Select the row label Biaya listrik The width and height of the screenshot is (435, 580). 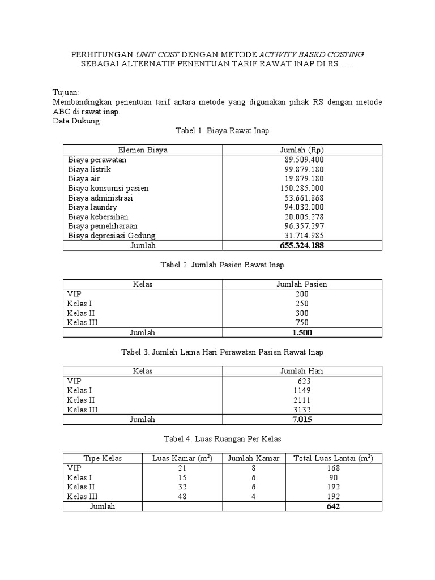89,169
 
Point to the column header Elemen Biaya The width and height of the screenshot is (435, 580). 143,150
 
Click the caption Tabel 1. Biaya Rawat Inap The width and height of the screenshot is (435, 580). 222,130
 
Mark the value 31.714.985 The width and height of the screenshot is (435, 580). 304,236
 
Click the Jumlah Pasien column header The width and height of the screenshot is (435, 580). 301,284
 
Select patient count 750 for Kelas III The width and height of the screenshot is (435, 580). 301,323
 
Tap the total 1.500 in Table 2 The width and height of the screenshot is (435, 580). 301,332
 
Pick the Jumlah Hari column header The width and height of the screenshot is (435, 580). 301,371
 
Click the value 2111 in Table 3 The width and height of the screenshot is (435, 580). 301,400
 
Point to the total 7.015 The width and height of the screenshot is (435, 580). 301,420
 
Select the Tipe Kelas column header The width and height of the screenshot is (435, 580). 103,458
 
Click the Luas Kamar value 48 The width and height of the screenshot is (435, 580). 182,497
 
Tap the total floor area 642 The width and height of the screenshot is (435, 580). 333,506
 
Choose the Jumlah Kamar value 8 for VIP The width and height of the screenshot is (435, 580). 254,468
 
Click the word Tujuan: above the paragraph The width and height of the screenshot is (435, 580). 66,92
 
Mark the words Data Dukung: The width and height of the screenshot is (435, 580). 76,121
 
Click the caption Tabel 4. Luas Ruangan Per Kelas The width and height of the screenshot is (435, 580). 222,439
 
